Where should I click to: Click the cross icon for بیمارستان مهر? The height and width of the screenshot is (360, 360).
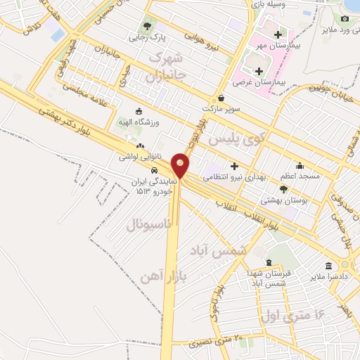pyautogui.click(x=278, y=34)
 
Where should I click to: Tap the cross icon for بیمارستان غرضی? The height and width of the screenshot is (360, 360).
pyautogui.click(x=259, y=71)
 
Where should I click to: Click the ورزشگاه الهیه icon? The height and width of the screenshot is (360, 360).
pyautogui.click(x=139, y=111)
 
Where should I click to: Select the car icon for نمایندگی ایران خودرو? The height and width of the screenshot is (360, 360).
pyautogui.click(x=154, y=171)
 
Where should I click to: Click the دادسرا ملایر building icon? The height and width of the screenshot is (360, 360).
pyautogui.click(x=328, y=265)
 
